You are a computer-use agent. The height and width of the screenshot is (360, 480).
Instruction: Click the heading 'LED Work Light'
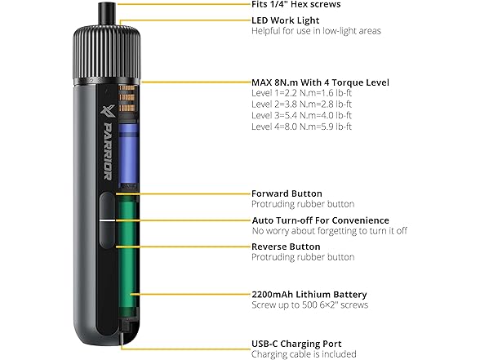[x=286, y=20]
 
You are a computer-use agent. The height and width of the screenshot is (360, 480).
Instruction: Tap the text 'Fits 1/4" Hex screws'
[x=296, y=4]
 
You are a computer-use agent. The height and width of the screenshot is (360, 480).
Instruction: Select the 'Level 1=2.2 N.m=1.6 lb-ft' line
[x=301, y=93]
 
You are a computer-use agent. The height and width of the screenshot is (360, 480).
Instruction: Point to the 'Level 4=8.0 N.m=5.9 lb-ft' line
[x=301, y=127]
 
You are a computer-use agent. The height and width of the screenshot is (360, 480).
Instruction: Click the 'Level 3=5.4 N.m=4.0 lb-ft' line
[x=301, y=115]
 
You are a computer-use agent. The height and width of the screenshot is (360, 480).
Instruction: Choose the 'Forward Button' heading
[x=287, y=193]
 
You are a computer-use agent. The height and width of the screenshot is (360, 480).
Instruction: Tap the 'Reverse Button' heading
[x=286, y=247]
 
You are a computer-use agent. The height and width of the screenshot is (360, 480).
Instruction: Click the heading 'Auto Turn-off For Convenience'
[x=321, y=220]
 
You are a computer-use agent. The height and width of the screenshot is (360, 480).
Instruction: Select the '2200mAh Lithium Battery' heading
[x=309, y=295]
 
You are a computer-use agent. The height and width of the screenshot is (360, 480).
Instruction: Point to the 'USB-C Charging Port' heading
[x=296, y=344]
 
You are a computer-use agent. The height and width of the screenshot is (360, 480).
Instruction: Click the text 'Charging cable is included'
[x=304, y=354]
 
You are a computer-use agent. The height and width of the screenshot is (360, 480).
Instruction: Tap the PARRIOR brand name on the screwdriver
[x=108, y=152]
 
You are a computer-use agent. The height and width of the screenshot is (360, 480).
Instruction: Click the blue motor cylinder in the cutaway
[x=127, y=153]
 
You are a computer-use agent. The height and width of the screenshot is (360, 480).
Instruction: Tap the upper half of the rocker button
[x=107, y=206]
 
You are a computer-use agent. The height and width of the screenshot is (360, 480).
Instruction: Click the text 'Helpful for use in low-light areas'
[x=316, y=31]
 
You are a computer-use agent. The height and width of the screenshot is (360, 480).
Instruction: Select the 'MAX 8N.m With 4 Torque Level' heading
[x=320, y=82]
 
